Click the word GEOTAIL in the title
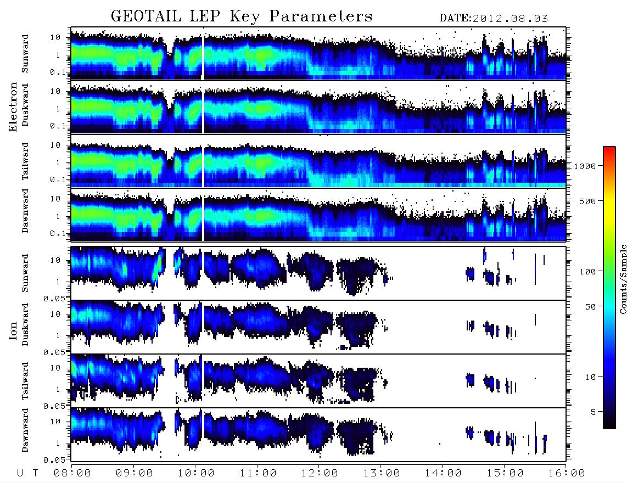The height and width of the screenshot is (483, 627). pos(145,16)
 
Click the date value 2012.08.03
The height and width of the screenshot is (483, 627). pos(510,19)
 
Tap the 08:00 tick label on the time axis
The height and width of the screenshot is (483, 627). pos(72,474)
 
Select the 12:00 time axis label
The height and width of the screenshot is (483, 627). pos(320,474)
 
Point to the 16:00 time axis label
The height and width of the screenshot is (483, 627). pos(566,474)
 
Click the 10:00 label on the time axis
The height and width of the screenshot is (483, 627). pos(196,474)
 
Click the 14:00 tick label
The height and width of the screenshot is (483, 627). pos(443,474)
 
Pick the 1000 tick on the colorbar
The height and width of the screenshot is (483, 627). pos(585,166)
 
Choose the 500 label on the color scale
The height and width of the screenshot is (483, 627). pos(587,201)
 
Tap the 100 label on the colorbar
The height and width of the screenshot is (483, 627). pos(587,272)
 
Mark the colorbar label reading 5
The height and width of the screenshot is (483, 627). pos(594,412)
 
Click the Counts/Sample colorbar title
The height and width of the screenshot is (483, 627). pos(623,279)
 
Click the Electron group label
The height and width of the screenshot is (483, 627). pos(13,107)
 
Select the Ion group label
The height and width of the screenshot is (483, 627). pos(13,331)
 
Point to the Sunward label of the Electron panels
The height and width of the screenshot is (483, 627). pos(25,54)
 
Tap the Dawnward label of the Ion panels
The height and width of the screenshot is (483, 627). pos(25,430)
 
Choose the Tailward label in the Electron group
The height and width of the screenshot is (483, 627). pos(25,161)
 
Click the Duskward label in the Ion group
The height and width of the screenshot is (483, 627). pos(25,324)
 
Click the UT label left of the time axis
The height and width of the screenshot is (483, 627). pos(27,474)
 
